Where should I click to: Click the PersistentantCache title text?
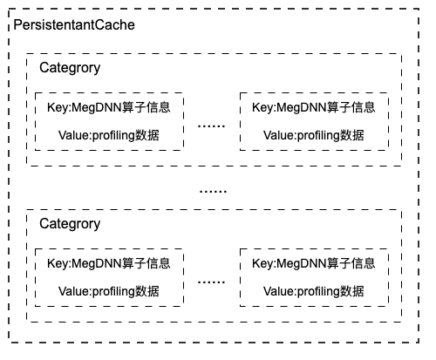click(x=74, y=25)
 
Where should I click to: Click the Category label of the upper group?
click(x=70, y=69)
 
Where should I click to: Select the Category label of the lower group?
click(x=70, y=225)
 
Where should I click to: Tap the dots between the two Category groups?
click(x=213, y=192)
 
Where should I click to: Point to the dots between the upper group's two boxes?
click(x=211, y=126)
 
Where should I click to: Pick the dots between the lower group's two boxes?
click(x=211, y=282)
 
